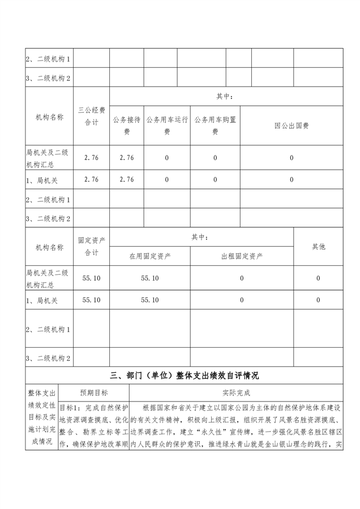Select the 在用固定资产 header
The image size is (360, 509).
pyautogui.click(x=150, y=256)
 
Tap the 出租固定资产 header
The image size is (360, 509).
pyautogui.click(x=242, y=256)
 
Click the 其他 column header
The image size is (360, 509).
pyautogui.click(x=319, y=247)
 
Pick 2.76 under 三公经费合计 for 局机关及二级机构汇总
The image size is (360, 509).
pyautogui.click(x=91, y=158)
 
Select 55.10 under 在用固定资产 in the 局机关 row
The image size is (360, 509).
pyautogui.click(x=150, y=300)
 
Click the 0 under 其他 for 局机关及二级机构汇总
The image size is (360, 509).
pyautogui.click(x=318, y=278)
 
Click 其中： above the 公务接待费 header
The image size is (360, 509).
pyautogui.click(x=225, y=97)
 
